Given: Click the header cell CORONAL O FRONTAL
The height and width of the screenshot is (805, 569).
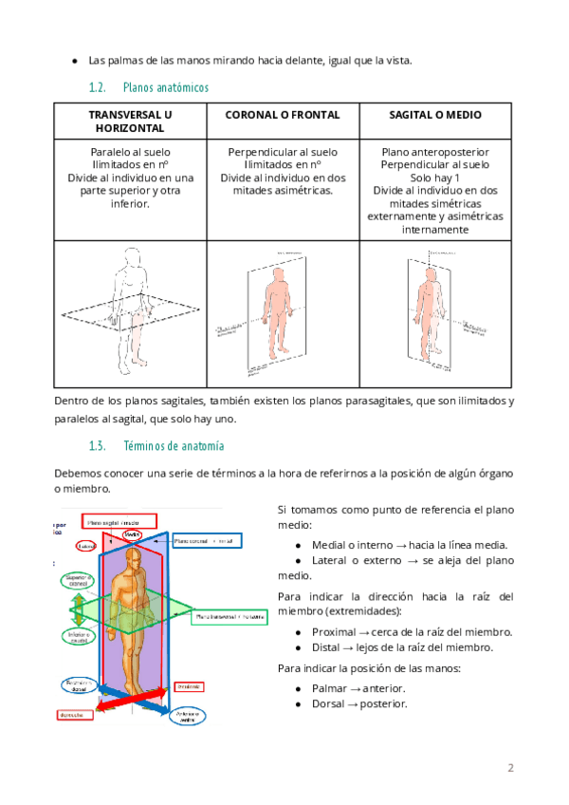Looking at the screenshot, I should point(283,115).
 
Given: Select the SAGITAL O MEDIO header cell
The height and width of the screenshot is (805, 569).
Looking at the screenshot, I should point(435,115).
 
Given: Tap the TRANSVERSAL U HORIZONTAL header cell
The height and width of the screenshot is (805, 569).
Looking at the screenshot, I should point(130,122).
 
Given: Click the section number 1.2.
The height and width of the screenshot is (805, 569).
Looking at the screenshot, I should point(95,87).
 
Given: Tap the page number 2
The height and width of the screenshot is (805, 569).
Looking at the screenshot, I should point(510,767).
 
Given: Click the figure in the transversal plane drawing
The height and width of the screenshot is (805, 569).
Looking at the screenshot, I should point(131,294).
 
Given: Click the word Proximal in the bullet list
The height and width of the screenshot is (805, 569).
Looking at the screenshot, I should point(334,632).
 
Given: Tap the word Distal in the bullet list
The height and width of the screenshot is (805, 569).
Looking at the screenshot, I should point(327,647).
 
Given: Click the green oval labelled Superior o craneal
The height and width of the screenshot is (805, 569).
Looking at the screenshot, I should point(75,582).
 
